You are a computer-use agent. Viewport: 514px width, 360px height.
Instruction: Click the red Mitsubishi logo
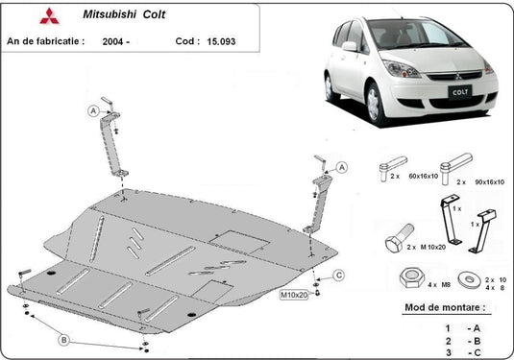50,16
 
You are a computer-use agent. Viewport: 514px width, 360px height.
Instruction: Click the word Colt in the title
154,14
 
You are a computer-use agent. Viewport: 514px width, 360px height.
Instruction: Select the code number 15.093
221,41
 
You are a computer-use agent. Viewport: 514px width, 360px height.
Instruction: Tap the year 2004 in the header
112,41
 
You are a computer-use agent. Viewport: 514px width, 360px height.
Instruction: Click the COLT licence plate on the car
460,92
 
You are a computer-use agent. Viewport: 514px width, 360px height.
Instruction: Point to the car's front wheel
374,105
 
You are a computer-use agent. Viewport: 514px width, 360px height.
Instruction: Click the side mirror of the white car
350,46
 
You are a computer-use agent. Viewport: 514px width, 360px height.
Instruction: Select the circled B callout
64,340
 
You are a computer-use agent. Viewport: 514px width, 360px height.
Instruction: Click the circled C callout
339,275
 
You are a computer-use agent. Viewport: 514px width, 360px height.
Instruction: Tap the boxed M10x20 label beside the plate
294,295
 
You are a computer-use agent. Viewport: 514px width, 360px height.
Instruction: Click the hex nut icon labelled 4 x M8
412,277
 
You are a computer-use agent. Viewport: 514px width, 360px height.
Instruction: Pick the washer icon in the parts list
470,279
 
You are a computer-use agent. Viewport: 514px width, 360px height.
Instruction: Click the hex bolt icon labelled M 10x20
400,238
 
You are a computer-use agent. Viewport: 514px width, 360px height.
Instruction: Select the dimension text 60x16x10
423,176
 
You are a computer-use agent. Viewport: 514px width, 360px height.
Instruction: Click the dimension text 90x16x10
489,181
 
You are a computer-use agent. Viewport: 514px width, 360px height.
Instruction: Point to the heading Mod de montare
445,307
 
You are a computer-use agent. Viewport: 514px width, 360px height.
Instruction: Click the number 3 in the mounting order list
448,352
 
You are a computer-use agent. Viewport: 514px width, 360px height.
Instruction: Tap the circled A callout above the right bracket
342,167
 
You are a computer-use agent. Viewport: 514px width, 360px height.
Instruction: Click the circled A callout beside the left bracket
93,111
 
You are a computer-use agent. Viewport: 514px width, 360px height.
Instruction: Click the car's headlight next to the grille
401,68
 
